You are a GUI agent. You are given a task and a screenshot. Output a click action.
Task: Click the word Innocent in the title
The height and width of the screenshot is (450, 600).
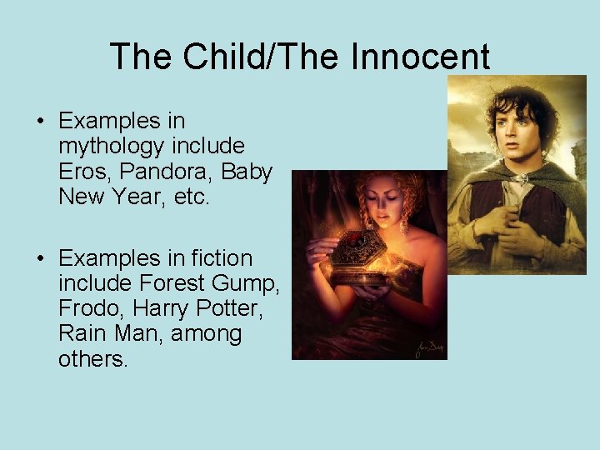[420, 57]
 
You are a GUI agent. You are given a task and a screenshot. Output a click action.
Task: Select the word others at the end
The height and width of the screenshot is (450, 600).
[92, 359]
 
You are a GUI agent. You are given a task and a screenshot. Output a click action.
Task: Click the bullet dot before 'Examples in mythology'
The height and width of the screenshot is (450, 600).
[39, 122]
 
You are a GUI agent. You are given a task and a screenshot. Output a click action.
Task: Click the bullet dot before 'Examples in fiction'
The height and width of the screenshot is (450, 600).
[39, 258]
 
